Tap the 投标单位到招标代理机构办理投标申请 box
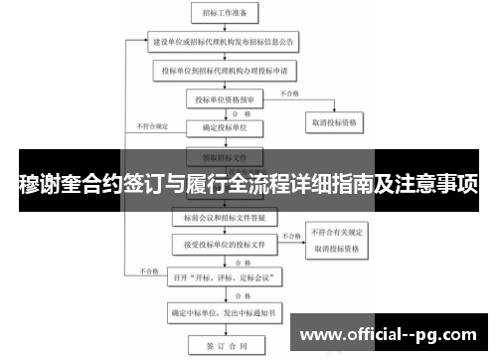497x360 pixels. (226, 72)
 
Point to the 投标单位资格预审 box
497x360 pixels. (226, 99)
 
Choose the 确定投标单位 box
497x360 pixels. (226, 128)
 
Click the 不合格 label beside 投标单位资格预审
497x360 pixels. (289, 92)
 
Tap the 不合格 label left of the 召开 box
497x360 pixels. (150, 270)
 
